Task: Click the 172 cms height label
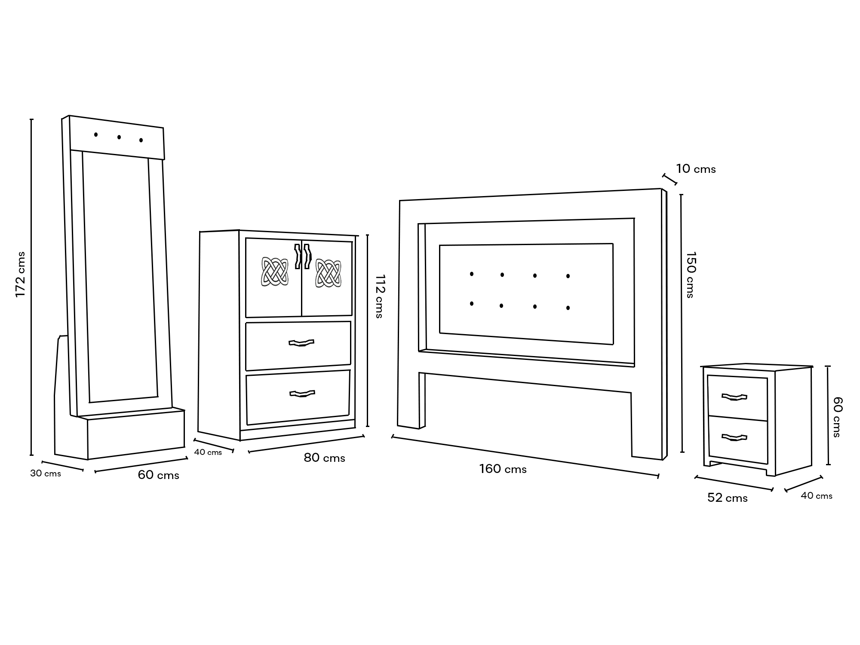21,274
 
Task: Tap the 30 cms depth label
46,473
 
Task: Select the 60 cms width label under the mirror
158,475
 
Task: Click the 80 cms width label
324,458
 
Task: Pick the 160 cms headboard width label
503,469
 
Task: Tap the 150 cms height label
691,275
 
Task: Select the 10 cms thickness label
696,169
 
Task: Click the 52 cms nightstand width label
727,498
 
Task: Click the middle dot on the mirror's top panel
119,137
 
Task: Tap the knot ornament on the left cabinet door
275,271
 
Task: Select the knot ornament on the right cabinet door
328,273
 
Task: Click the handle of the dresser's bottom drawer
302,393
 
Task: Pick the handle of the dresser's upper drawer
301,343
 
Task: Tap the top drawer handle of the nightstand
734,397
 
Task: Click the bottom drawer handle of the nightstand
734,438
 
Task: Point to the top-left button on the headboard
472,274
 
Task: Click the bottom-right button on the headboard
568,308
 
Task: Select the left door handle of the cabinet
297,256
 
